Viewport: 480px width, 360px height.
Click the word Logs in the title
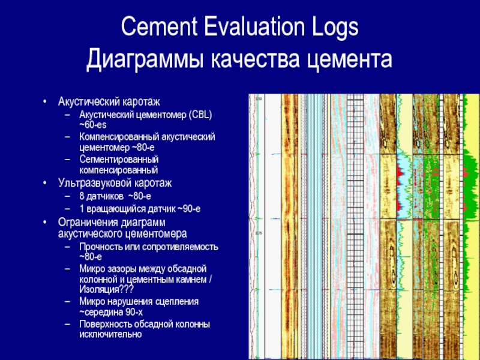tap(331, 28)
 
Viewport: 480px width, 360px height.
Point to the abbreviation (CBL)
tap(196, 114)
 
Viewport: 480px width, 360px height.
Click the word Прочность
tap(100, 247)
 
